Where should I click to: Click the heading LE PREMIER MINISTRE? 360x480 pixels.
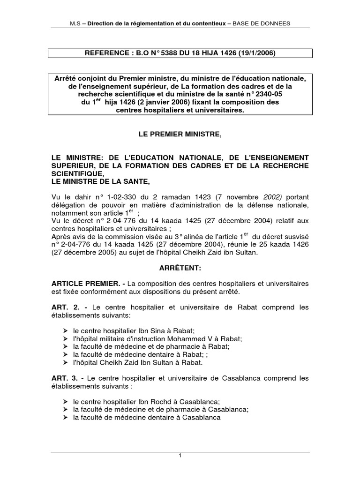(x=180, y=135)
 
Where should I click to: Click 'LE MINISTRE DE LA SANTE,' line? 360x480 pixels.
(x=102, y=182)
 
